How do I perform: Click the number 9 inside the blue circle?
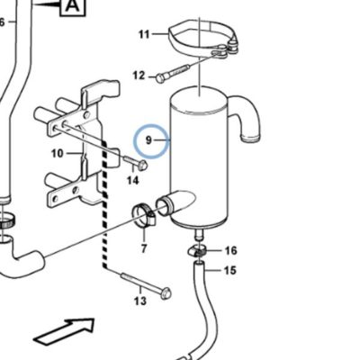pyautogui.click(x=148, y=140)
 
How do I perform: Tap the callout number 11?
pyautogui.click(x=144, y=34)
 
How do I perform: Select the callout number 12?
pyautogui.click(x=139, y=76)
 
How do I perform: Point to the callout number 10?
pyautogui.click(x=58, y=154)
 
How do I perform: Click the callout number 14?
pyautogui.click(x=133, y=181)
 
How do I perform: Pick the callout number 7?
pyautogui.click(x=144, y=248)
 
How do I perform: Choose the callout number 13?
pyautogui.click(x=140, y=301)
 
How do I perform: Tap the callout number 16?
pyautogui.click(x=230, y=250)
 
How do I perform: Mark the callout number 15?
pyautogui.click(x=230, y=271)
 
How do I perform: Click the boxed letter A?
pyautogui.click(x=73, y=6)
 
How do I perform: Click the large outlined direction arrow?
pyautogui.click(x=65, y=331)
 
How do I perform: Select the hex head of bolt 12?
pyautogui.click(x=160, y=79)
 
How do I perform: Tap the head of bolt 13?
pyautogui.click(x=166, y=293)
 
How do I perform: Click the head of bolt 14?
pyautogui.click(x=143, y=165)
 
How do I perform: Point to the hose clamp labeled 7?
pyautogui.click(x=144, y=215)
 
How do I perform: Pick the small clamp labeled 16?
pyautogui.click(x=198, y=250)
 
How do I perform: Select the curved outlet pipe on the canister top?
pyautogui.click(x=245, y=118)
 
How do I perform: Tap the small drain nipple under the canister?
pyautogui.click(x=199, y=234)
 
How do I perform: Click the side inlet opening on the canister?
pyautogui.click(x=164, y=205)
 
